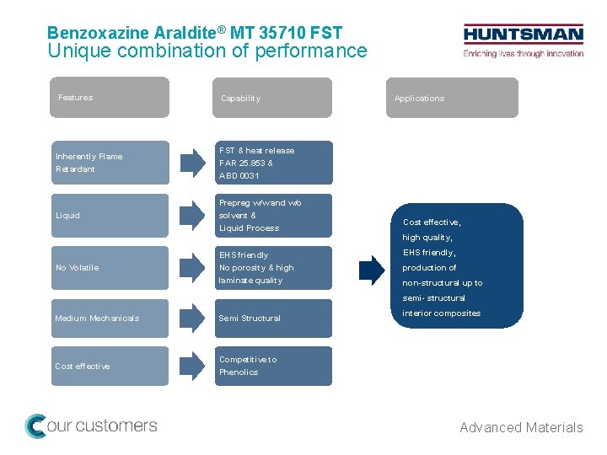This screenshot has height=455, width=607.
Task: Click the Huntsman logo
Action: click(523, 40)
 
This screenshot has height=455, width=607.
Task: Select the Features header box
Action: click(109, 98)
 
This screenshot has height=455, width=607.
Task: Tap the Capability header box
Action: click(273, 98)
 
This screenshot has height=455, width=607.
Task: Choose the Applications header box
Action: click(452, 98)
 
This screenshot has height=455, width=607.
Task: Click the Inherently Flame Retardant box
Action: click(109, 163)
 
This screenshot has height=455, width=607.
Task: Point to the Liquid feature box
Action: click(109, 216)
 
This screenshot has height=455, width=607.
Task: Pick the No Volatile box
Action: click(109, 268)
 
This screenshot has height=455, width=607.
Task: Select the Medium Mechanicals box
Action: click(109, 318)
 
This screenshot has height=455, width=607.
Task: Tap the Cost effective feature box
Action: click(109, 366)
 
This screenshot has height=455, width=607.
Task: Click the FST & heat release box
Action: click(273, 163)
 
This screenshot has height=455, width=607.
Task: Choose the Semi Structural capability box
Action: click(273, 318)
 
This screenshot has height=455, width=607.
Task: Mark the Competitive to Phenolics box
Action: click(273, 366)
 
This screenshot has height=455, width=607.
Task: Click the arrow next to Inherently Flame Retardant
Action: click(192, 163)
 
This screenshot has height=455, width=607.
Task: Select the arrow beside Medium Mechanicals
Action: click(192, 318)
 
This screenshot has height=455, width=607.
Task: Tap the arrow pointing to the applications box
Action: click(371, 268)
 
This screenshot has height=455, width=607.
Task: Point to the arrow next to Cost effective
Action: click(192, 366)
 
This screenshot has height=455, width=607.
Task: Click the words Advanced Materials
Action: click(521, 428)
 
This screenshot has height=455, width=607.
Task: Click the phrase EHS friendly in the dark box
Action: click(429, 253)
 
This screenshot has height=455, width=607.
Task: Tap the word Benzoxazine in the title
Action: click(98, 34)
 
